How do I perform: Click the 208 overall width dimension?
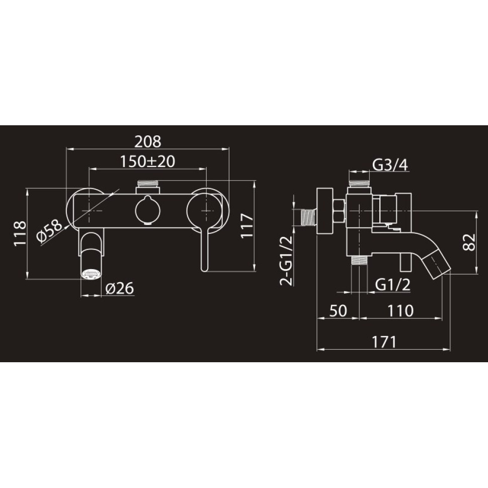pos(148,141)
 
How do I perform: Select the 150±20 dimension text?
pos(147,161)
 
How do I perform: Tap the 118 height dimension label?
pos(20,233)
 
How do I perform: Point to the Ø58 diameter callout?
pos(49,230)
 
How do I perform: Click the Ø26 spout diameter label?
pos(120,288)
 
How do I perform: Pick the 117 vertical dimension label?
pos(247,226)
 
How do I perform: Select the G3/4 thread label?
pos(390,165)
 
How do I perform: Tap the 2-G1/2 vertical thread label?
pos(286,261)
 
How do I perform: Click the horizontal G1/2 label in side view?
pos(393,284)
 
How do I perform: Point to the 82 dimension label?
pos(470,242)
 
